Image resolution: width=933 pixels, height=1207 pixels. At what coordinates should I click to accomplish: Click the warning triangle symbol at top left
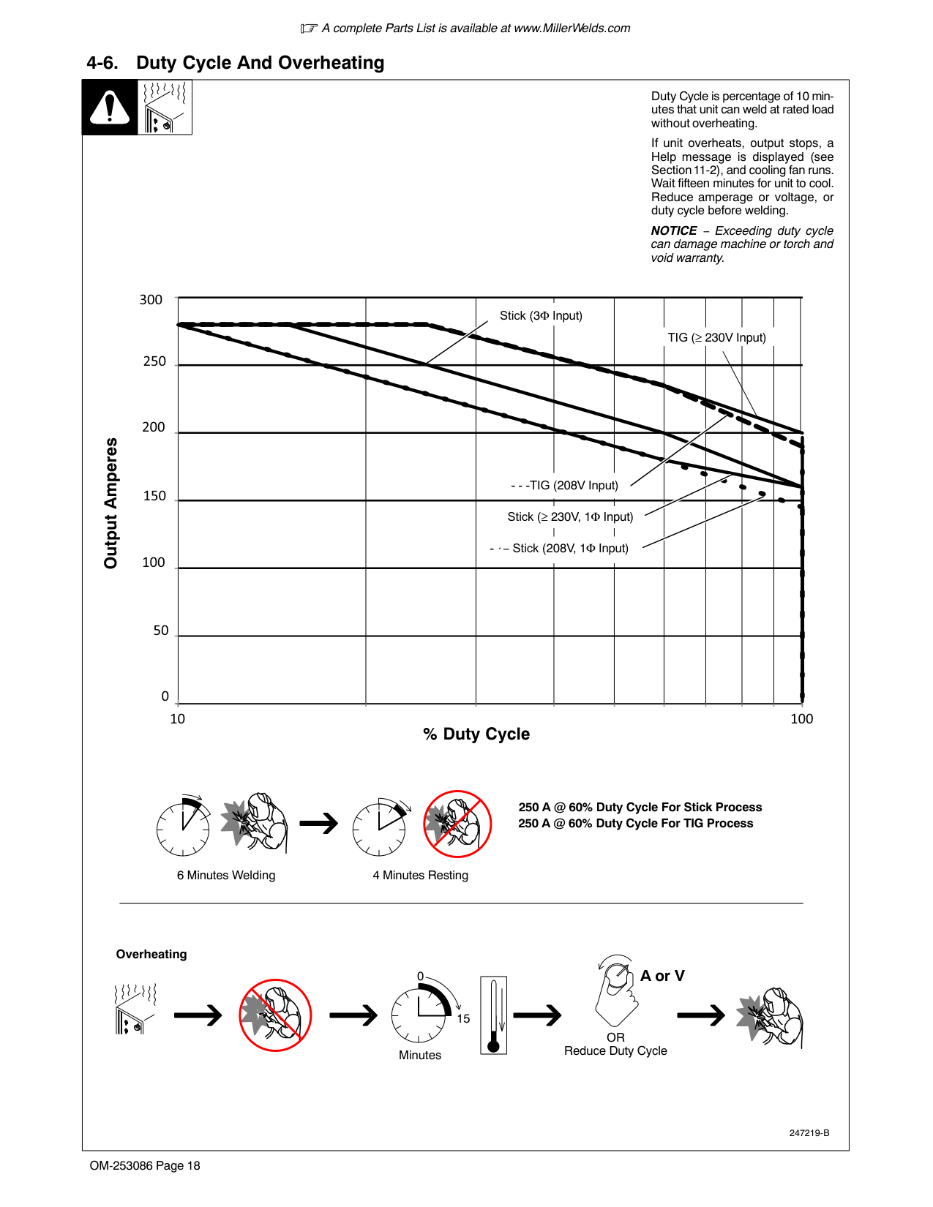[110, 107]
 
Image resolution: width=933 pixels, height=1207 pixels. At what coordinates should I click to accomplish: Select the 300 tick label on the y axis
[151, 300]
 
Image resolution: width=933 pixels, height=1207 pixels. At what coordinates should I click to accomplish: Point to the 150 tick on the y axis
[154, 495]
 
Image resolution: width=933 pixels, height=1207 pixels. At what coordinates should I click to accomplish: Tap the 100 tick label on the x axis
[801, 719]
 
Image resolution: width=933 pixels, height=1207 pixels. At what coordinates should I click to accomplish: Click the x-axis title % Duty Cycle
[476, 734]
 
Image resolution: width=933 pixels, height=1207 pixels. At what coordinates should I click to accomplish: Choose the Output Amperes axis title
[110, 503]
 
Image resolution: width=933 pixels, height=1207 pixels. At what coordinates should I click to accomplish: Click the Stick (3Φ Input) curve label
[541, 315]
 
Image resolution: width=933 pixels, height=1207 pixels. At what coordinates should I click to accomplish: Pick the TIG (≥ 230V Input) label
[716, 337]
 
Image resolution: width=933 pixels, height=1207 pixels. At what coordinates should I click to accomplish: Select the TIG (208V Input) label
[564, 485]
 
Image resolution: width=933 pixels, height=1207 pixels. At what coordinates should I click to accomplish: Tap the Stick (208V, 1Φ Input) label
[559, 548]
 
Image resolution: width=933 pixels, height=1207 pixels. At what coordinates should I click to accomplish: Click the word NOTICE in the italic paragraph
[673, 230]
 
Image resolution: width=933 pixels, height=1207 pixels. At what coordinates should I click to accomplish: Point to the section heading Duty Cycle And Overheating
[260, 62]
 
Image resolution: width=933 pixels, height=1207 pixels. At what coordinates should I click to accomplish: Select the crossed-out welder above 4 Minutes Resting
[457, 824]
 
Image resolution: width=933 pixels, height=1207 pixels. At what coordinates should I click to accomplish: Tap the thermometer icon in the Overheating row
[493, 1015]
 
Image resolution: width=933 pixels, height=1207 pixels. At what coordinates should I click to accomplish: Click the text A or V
[662, 975]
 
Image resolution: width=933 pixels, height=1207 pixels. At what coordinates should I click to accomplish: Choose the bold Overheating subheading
[151, 954]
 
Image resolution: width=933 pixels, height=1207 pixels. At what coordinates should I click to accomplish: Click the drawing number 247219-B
[809, 1132]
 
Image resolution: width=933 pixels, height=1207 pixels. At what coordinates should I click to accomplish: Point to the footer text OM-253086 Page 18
[144, 1165]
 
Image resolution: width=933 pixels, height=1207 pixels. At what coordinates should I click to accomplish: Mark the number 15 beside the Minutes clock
[463, 1018]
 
